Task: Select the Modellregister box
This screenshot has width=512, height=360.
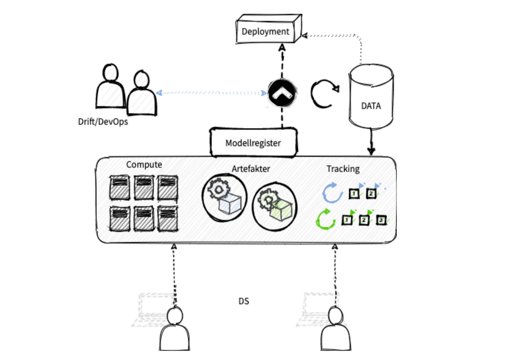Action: [x=253, y=143]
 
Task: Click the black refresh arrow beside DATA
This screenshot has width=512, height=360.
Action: [x=323, y=93]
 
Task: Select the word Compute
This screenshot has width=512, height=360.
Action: [x=144, y=165]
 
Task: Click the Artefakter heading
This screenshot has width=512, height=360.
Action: [x=251, y=169]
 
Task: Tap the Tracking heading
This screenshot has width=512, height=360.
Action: [x=343, y=169]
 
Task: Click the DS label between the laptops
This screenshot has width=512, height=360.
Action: [x=244, y=301]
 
